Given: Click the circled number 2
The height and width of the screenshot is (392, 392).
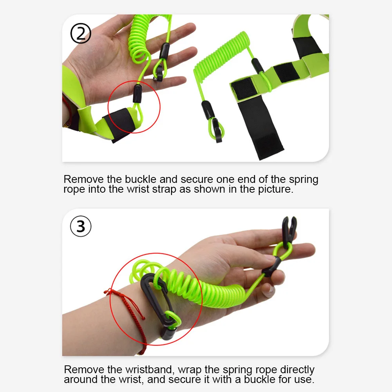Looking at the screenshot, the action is coord(81,33).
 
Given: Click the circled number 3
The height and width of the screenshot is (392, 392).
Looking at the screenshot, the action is coord(81,226).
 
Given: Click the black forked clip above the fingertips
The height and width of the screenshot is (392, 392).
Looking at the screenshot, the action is coord(289,229).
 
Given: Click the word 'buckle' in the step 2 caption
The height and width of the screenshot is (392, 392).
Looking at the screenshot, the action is coord(141,179).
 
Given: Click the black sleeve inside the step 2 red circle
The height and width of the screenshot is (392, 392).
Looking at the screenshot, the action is coord(137,94).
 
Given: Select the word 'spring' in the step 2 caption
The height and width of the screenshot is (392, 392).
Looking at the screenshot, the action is coord(303,180).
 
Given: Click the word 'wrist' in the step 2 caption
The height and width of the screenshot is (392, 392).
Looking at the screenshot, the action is coord(138,189).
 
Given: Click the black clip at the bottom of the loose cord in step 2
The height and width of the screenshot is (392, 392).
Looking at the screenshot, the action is coord(217,130).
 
